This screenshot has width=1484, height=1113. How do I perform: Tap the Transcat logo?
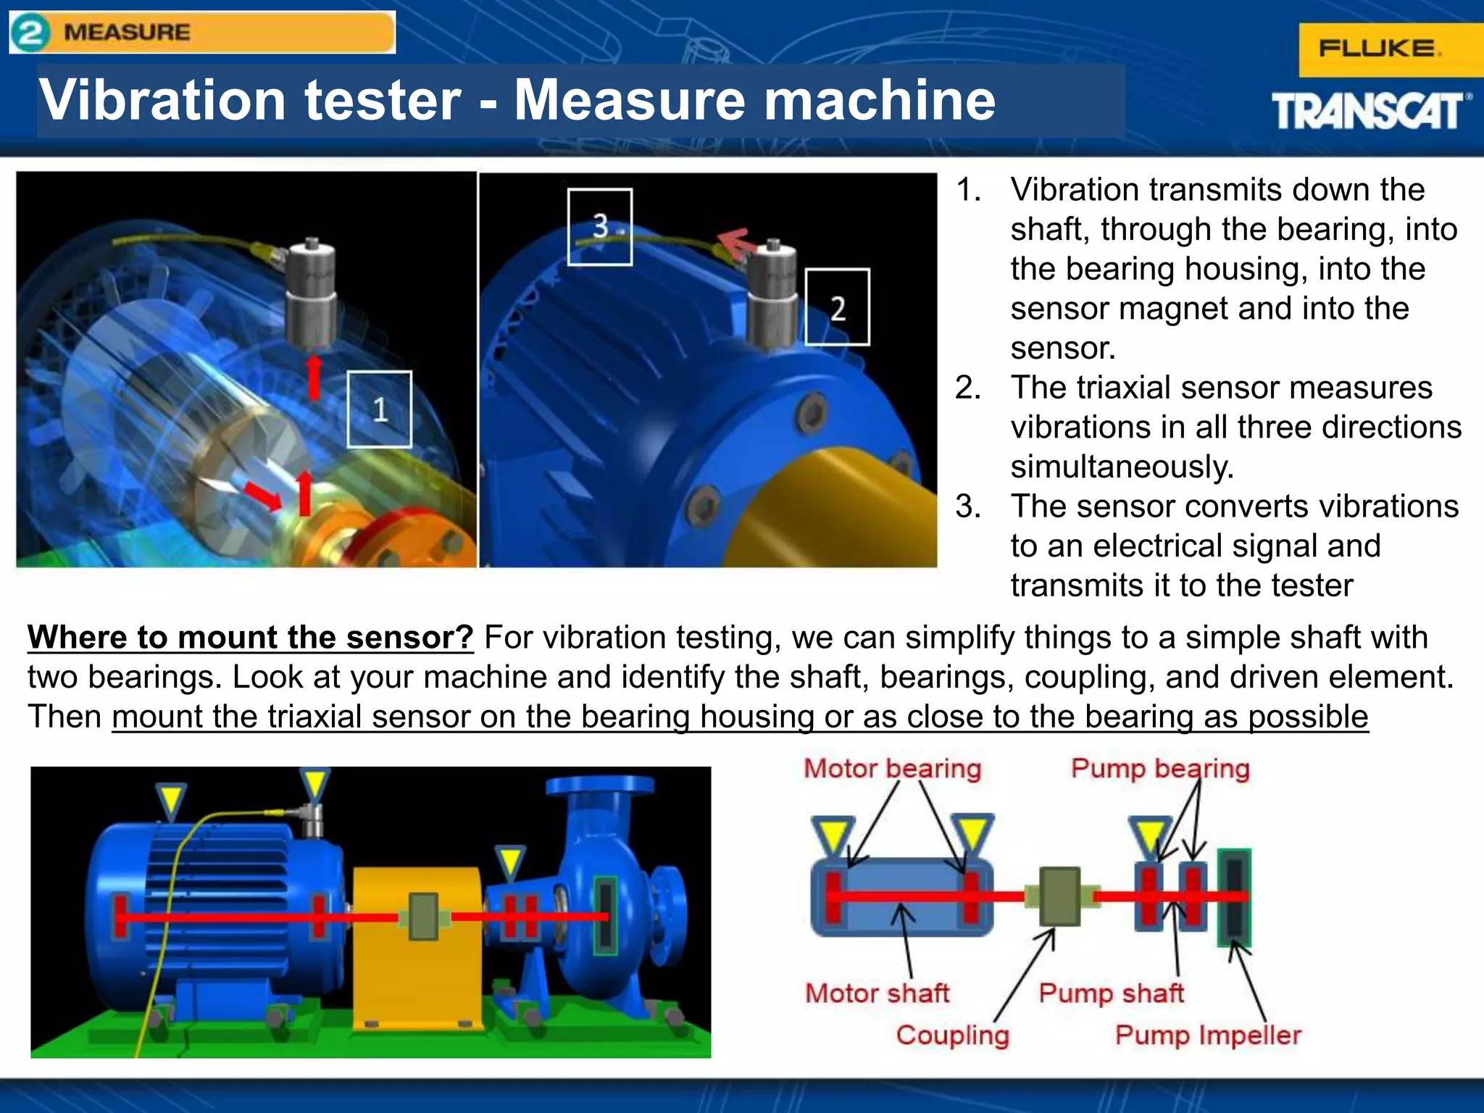point(1370,111)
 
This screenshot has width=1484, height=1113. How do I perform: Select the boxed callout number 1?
point(380,409)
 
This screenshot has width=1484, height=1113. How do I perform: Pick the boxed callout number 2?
point(838,307)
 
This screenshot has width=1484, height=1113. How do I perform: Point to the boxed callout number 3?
point(600,227)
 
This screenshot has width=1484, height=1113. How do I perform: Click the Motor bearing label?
point(892,768)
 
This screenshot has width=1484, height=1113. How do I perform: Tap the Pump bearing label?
point(1160,768)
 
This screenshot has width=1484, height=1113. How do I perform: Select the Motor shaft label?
point(877,993)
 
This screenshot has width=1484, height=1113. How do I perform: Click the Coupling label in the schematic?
point(952,1035)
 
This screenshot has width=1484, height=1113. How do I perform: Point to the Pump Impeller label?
point(1208,1035)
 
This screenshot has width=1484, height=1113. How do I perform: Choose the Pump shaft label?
point(1111,993)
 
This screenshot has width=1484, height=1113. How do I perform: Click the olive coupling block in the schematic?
point(1059,896)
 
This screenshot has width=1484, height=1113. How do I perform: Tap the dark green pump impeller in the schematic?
point(1234,897)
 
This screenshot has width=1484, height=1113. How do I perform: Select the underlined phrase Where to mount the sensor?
point(251,638)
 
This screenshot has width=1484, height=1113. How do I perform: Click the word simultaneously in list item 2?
point(1122,467)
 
